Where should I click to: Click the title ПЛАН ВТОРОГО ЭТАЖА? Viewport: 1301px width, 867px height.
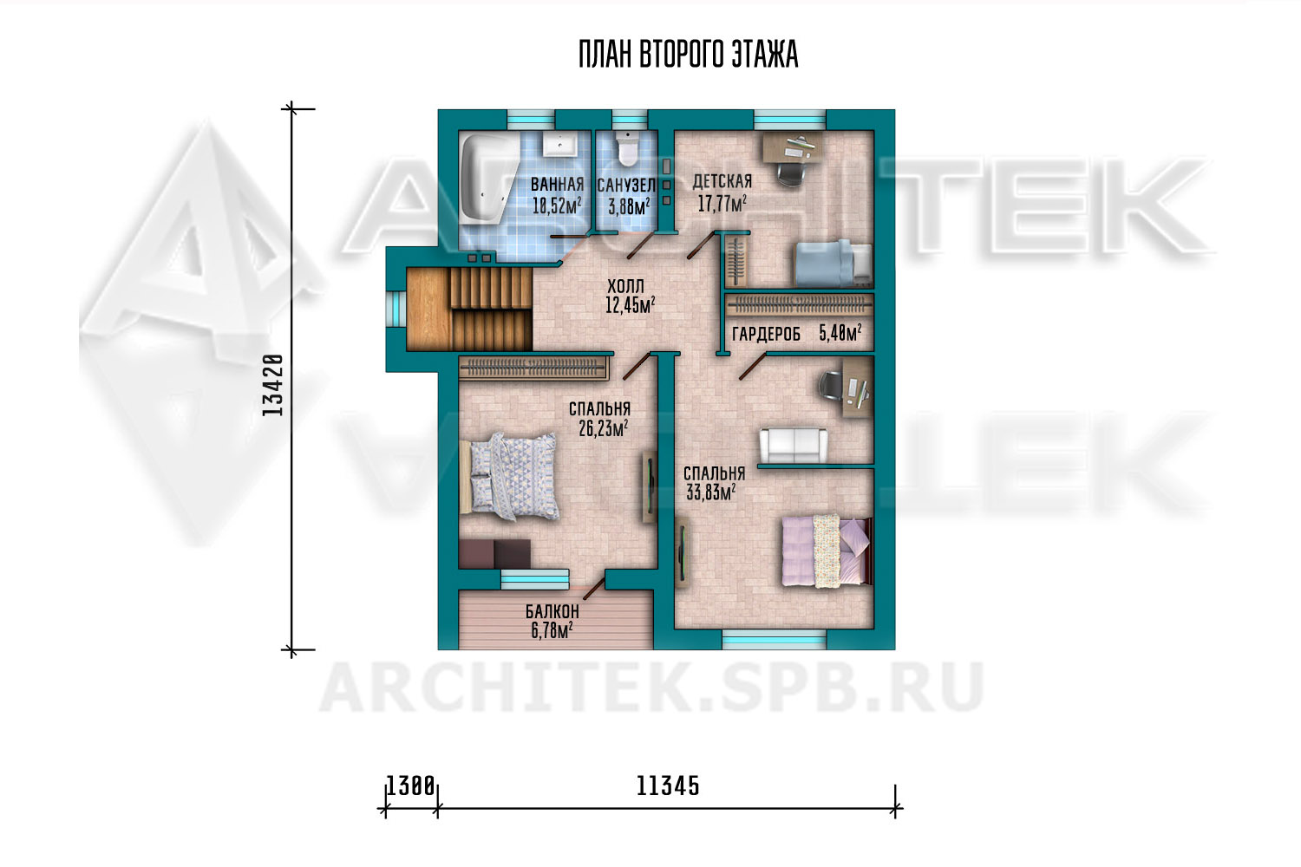coord(689,55)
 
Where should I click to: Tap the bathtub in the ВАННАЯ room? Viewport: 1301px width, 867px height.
coord(488,180)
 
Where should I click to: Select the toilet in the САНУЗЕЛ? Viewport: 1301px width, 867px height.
coord(627,149)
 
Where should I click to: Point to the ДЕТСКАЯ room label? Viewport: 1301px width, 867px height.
coord(722,182)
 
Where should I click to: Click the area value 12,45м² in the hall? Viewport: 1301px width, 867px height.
coord(631,305)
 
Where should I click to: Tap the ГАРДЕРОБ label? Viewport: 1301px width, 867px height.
coord(766,335)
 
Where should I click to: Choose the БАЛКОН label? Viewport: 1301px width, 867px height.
coord(552,611)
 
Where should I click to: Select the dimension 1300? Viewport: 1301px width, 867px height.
coord(410,786)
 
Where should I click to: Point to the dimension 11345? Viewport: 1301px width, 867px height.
coord(668,787)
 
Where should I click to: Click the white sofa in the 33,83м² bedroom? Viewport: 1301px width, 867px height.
coord(794,446)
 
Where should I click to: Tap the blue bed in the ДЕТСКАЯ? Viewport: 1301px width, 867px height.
coord(834,263)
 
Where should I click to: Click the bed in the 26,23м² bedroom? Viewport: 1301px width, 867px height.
coord(509,476)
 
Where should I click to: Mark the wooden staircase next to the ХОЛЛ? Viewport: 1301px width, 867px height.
coord(469,309)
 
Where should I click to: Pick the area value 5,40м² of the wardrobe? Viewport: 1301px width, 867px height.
coord(840,333)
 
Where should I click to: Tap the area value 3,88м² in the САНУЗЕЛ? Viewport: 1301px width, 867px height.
coord(629,206)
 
